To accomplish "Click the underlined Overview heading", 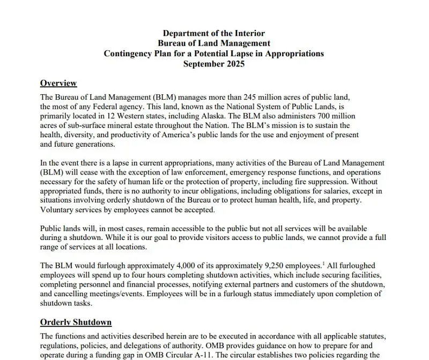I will [58, 83].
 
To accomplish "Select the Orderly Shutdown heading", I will [76, 322].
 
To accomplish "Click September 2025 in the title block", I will [213, 64].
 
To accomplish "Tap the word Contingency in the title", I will [127, 54].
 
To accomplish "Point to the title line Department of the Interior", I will [213, 33].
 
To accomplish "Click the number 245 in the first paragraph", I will [252, 97].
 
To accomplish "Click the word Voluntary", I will [57, 210].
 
